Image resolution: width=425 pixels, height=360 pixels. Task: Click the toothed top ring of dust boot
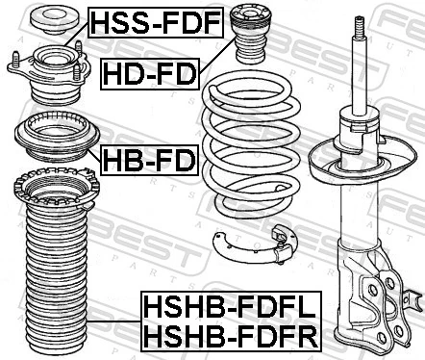click(56, 189)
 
